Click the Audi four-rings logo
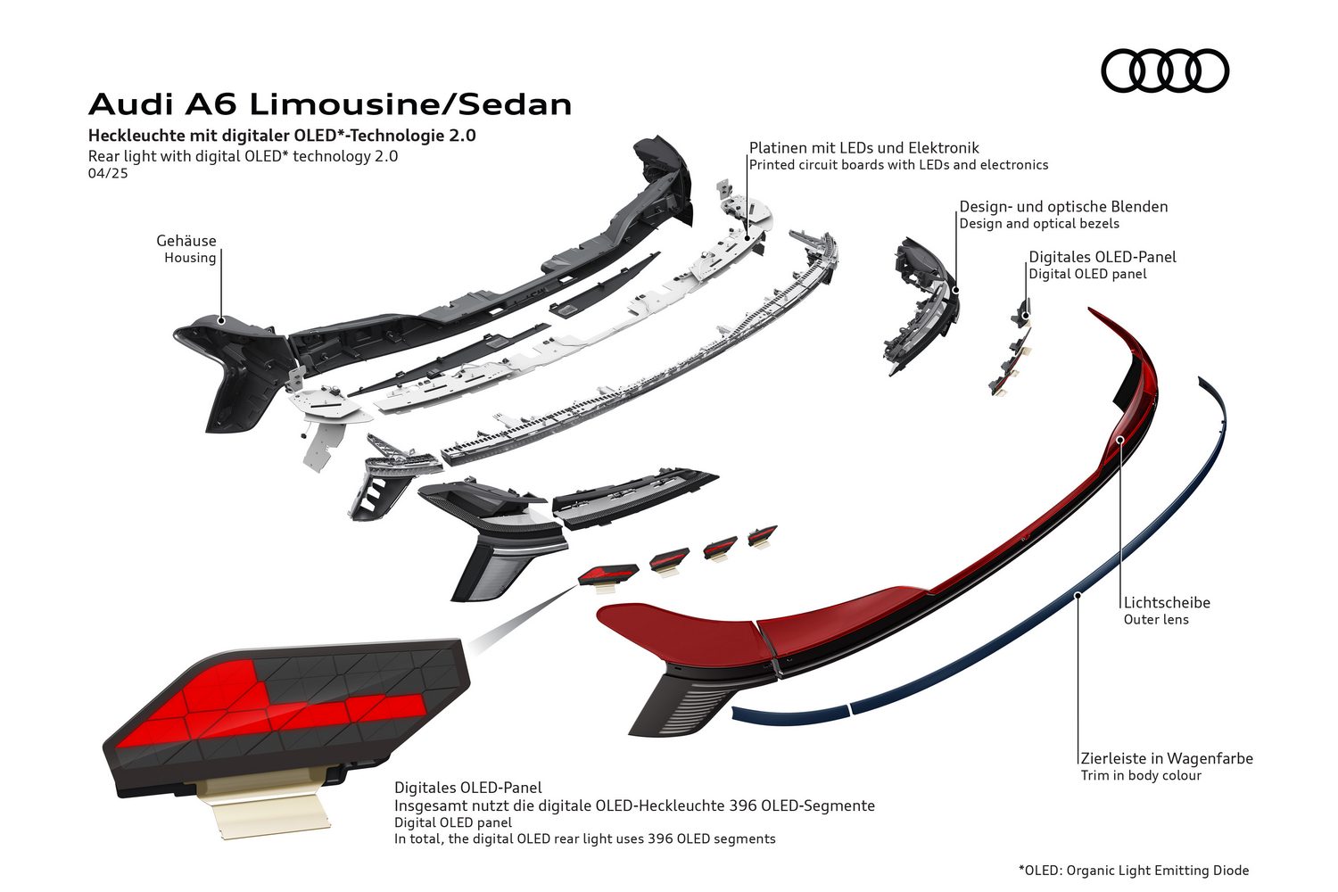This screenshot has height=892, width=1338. click(x=1165, y=71)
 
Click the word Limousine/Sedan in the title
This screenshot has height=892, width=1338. click(x=409, y=104)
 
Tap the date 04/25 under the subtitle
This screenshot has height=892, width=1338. click(x=108, y=173)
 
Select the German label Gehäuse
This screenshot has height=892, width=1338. click(x=186, y=241)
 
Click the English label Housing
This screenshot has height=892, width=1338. click(x=189, y=258)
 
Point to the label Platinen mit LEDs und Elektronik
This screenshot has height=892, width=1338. click(x=863, y=148)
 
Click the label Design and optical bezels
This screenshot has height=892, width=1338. click(x=1038, y=224)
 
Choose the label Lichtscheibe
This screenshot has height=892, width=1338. click(x=1166, y=603)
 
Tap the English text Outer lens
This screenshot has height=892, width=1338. click(x=1155, y=620)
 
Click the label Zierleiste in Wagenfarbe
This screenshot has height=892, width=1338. click(x=1166, y=759)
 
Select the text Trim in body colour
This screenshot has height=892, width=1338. click(x=1140, y=776)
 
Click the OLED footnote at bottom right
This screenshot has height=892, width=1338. click(x=1133, y=871)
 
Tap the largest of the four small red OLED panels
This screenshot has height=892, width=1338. click(x=608, y=574)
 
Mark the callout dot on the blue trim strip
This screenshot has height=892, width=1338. click(x=1078, y=594)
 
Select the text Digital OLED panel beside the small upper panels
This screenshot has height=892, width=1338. click(x=1087, y=275)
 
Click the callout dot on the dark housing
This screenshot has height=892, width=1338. click(x=221, y=318)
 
